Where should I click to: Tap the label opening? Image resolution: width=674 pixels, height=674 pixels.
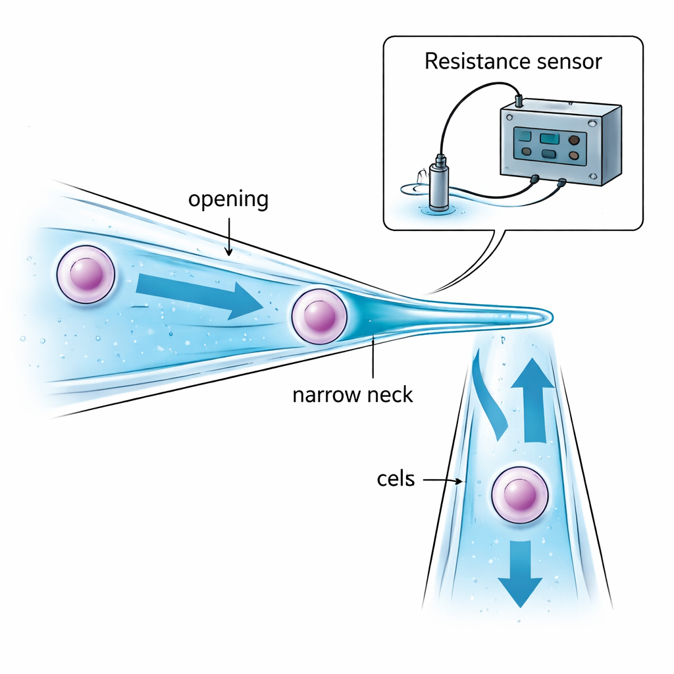228,199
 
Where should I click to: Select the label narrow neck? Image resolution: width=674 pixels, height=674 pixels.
352,395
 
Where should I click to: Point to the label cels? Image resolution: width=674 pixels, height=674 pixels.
396,479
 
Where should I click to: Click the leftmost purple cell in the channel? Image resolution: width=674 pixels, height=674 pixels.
86,274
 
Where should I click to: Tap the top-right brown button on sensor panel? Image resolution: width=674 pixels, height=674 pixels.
575,140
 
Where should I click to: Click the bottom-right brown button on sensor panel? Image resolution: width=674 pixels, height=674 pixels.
574,156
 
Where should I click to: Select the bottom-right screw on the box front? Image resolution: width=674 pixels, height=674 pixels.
594,176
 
